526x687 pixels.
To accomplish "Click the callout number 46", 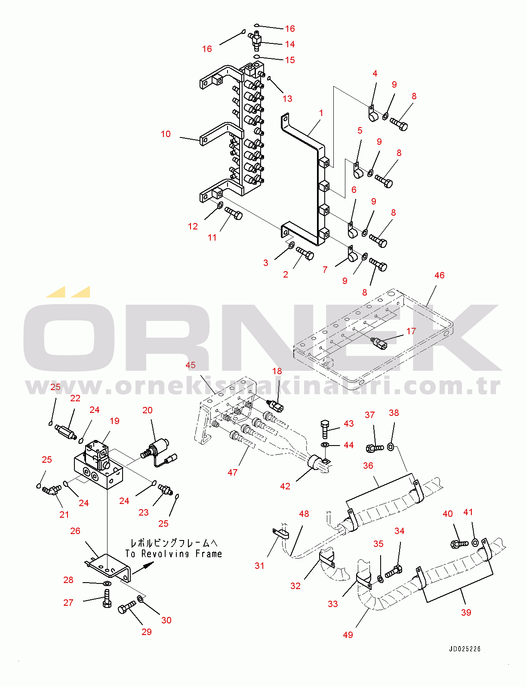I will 439,275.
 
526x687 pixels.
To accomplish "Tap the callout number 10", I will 166,134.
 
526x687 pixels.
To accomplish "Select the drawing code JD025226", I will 464,649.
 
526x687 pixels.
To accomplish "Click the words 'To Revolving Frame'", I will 174,554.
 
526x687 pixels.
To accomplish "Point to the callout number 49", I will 348,635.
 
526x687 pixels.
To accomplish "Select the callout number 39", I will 466,612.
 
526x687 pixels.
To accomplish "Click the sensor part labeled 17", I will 379,342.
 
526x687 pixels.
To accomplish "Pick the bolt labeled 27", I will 107,598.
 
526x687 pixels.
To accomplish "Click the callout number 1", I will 321,113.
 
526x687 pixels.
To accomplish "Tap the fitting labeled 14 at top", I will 257,40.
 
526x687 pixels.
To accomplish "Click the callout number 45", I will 190,365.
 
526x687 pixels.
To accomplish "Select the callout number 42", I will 285,486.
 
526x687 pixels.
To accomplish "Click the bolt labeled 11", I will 234,212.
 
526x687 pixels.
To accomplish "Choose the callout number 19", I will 114,421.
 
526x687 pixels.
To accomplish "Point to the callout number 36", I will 368,465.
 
